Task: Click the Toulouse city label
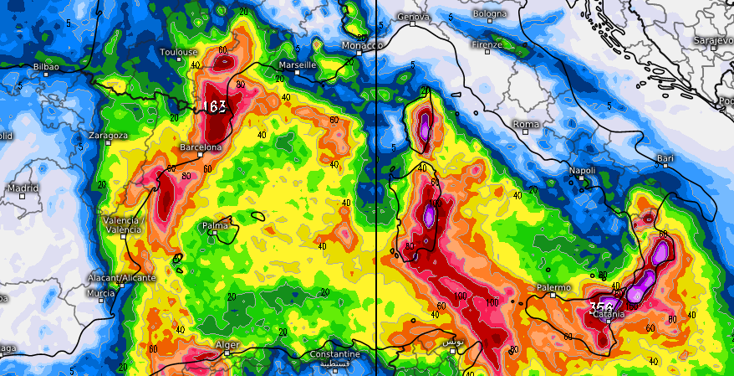[x=179, y=52]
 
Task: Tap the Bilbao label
[x=46, y=65]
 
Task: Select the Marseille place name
[x=298, y=64]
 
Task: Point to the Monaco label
[x=362, y=45]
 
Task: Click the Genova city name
[x=414, y=17]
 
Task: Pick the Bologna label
[x=489, y=13]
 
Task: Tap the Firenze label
[x=487, y=44]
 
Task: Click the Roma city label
[x=526, y=124]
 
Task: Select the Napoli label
[x=582, y=170]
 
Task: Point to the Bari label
[x=665, y=157]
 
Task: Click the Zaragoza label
[x=108, y=135]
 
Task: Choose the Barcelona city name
[x=201, y=147]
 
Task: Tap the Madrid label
[x=23, y=188]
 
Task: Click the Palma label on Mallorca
[x=216, y=226]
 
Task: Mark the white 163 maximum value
[x=215, y=107]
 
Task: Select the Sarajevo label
[x=713, y=41]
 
